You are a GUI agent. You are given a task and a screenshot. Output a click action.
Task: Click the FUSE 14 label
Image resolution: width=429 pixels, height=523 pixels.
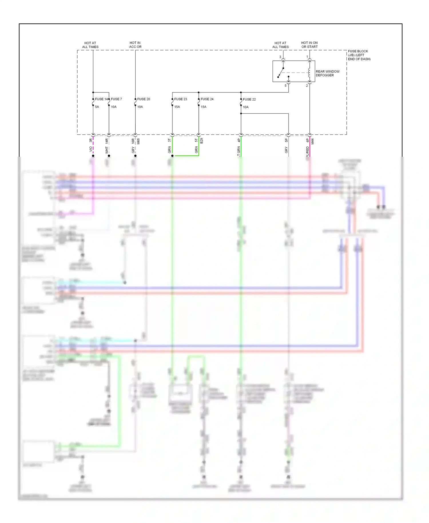(x=101, y=99)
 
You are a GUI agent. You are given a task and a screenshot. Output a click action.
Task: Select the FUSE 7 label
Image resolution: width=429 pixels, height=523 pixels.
(x=116, y=99)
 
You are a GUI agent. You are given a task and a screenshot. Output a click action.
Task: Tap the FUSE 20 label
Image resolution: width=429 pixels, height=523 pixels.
(x=144, y=99)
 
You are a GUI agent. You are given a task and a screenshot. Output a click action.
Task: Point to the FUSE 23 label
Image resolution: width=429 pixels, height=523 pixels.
(x=180, y=99)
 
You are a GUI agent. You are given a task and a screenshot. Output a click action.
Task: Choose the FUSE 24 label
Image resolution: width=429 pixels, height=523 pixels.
(x=207, y=99)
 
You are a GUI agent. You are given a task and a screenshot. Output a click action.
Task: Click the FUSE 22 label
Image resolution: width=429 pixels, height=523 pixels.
(x=249, y=99)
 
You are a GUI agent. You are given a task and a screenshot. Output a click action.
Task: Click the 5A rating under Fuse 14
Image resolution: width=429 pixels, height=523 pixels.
(x=97, y=107)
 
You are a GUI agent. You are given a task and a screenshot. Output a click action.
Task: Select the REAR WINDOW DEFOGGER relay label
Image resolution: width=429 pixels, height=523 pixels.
(x=327, y=73)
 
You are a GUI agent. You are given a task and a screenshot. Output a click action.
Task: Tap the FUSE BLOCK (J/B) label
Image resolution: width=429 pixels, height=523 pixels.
(x=359, y=55)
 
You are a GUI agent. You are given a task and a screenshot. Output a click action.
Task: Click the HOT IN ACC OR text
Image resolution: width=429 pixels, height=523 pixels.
(x=135, y=45)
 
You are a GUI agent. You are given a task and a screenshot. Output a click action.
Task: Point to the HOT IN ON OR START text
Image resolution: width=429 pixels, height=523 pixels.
(x=309, y=45)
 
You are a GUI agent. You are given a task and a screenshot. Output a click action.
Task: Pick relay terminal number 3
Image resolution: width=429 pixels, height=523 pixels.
(x=280, y=57)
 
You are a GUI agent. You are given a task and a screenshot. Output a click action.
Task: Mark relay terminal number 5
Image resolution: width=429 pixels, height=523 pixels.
(x=285, y=86)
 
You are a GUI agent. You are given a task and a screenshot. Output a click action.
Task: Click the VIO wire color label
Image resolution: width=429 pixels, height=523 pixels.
(x=91, y=149)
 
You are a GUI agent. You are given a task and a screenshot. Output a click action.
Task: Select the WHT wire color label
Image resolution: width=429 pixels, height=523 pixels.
(x=107, y=150)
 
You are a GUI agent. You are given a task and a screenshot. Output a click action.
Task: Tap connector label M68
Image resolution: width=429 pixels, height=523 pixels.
(x=138, y=141)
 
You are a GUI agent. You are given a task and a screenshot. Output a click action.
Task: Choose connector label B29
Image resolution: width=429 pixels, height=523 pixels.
(x=202, y=141)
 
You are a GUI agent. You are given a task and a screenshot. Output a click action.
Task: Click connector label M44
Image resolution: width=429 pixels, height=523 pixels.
(x=313, y=141)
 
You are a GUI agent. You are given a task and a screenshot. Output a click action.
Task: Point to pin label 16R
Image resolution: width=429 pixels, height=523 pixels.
(x=133, y=141)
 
